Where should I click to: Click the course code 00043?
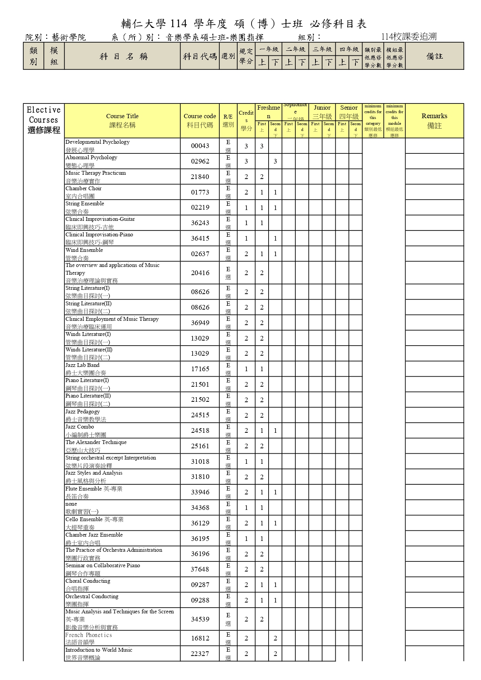tap(200, 146)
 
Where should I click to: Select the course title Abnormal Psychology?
tap(91, 158)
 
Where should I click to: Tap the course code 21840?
tap(200, 177)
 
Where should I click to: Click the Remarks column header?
tap(434, 121)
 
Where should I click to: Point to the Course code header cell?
tap(200, 121)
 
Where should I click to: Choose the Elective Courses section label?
tap(44, 120)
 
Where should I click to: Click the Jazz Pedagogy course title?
tap(83, 411)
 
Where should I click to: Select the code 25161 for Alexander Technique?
tap(200, 446)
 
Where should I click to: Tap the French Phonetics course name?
tap(88, 635)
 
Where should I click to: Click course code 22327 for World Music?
tap(200, 654)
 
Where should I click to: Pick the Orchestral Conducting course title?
tap(92, 596)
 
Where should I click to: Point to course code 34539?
tap(200, 619)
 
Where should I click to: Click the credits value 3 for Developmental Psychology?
tap(246, 146)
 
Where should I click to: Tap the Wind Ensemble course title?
tap(84, 250)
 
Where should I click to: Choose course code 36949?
tap(200, 323)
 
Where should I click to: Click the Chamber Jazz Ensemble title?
tap(94, 535)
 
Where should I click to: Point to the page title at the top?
tap(244, 24)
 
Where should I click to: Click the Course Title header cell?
tap(122, 121)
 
